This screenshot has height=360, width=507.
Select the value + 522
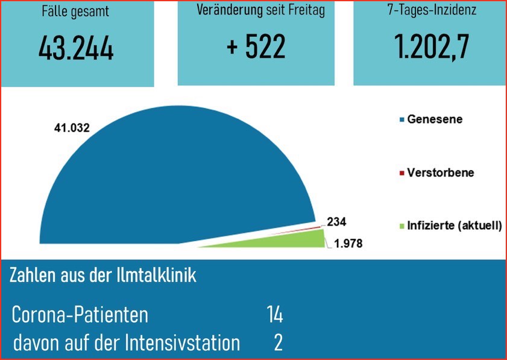coord(256,48)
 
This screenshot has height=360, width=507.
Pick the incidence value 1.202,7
coord(432,48)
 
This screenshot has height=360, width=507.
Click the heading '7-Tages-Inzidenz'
coord(432,10)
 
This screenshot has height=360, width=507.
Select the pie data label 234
coord(336,222)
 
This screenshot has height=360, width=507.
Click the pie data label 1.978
coord(350,244)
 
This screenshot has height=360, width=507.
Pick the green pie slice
coord(301,238)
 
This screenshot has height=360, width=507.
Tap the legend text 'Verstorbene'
coord(441,172)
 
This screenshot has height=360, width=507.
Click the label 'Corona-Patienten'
coord(80,315)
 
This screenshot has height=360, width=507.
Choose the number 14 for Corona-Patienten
coord(274,314)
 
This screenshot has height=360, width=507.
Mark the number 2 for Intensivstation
coord(278,343)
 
